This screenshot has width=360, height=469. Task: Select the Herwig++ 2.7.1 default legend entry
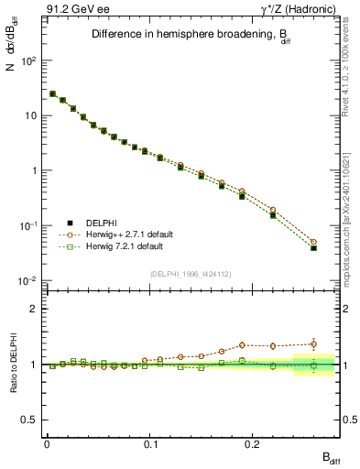(x=123, y=234)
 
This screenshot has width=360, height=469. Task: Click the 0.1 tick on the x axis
(x=149, y=442)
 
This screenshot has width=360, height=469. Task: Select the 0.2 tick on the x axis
(x=252, y=442)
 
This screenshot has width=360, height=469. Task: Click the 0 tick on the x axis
(x=47, y=442)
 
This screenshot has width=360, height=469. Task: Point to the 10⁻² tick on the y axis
(x=27, y=280)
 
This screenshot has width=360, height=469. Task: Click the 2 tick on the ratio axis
(x=32, y=309)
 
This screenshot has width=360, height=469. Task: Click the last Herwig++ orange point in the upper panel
(x=313, y=242)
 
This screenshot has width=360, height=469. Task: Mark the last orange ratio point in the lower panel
(x=313, y=344)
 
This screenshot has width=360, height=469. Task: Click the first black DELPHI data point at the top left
(x=52, y=93)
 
